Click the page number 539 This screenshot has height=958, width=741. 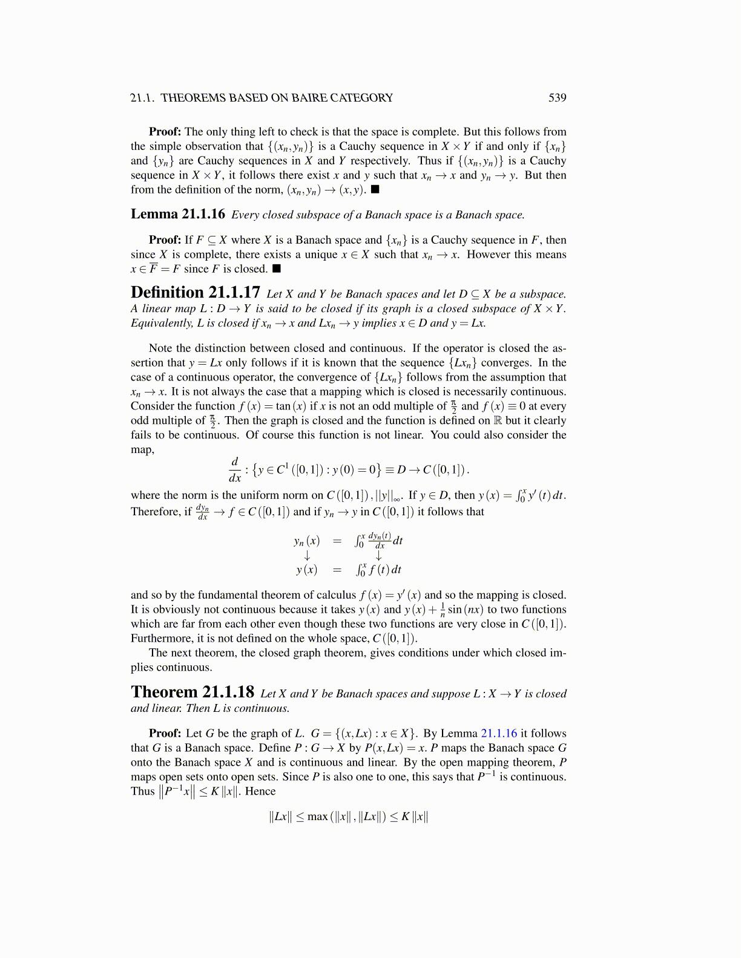pos(557,98)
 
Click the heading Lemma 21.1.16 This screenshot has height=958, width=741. pos(177,214)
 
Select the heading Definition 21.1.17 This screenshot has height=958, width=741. pos(195,293)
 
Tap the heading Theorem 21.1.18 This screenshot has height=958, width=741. pos(192,692)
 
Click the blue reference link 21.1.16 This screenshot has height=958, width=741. pos(499,734)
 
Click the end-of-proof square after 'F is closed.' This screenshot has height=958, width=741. pos(277,269)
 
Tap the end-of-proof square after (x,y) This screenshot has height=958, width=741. pos(375,189)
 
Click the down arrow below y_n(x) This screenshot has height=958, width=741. pos(307,556)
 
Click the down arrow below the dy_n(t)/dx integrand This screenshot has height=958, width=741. pos(379,556)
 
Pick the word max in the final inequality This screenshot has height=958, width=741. pos(317,817)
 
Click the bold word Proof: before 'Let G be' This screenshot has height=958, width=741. pos(165,734)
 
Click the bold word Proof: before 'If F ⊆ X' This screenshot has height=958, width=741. pos(165,240)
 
